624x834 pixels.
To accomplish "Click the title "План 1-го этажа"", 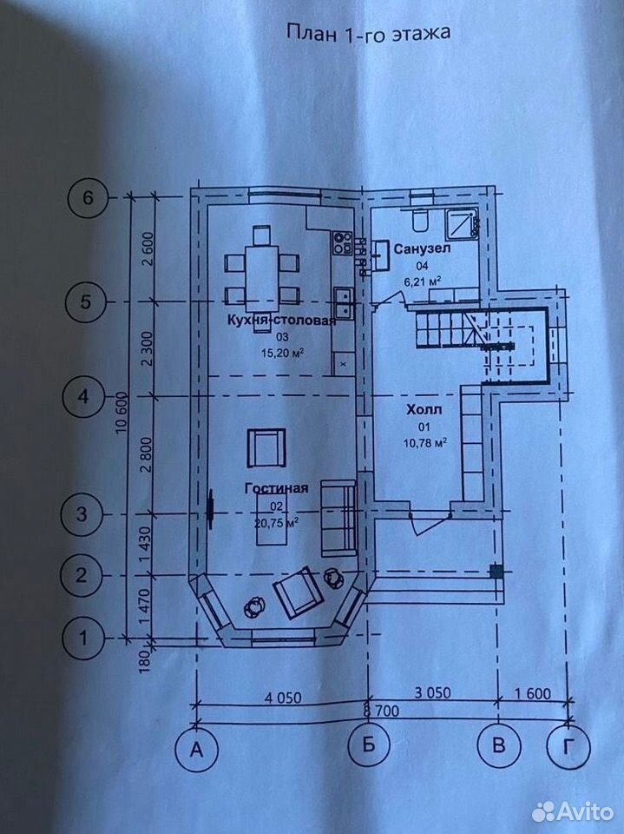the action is tap(368, 33).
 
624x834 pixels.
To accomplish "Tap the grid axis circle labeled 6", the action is tap(88, 198).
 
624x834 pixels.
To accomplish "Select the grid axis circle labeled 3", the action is tap(81, 515).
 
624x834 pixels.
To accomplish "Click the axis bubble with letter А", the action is tap(197, 749).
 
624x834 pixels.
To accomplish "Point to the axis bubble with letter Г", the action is tap(569, 747).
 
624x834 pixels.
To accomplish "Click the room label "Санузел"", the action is tap(422, 248).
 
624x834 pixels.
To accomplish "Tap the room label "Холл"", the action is tap(424, 410).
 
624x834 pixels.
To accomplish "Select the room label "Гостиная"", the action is tap(276, 488).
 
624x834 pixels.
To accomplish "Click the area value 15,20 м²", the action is tap(282, 353).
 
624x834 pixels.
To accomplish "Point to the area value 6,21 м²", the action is tap(424, 281).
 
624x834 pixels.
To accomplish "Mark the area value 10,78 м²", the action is tap(424, 442).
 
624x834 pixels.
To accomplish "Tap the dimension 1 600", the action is tap(531, 693).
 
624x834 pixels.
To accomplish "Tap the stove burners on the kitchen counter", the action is tap(342, 242).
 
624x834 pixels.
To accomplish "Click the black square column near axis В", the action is tap(496, 572).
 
